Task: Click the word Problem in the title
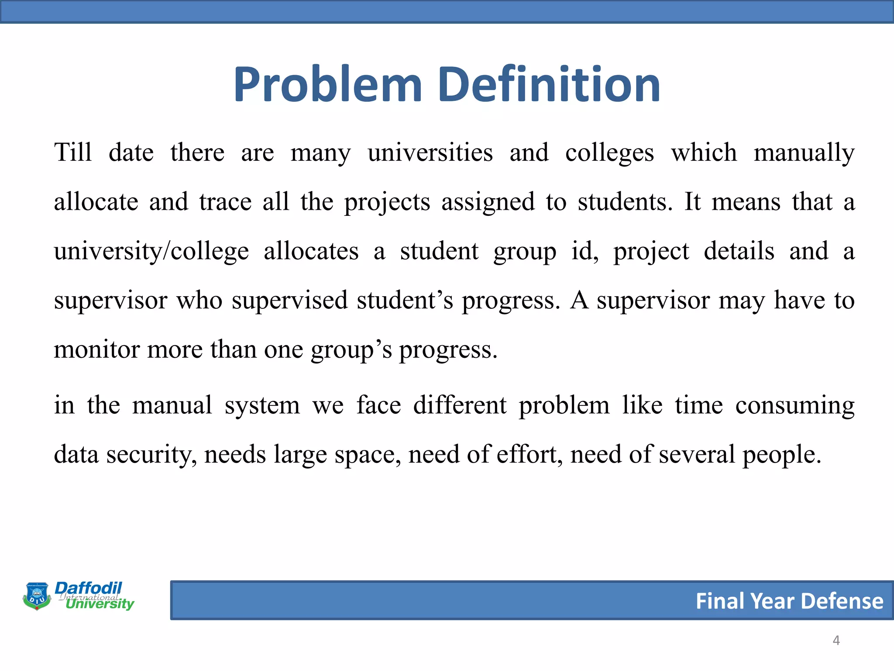[327, 85]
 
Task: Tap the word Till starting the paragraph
[73, 152]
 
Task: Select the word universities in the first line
[430, 152]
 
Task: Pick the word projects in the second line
[387, 203]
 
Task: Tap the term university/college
[151, 252]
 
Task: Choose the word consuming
[794, 406]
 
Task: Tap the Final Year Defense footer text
[789, 601]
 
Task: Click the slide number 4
[836, 640]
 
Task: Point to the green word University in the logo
[100, 604]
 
